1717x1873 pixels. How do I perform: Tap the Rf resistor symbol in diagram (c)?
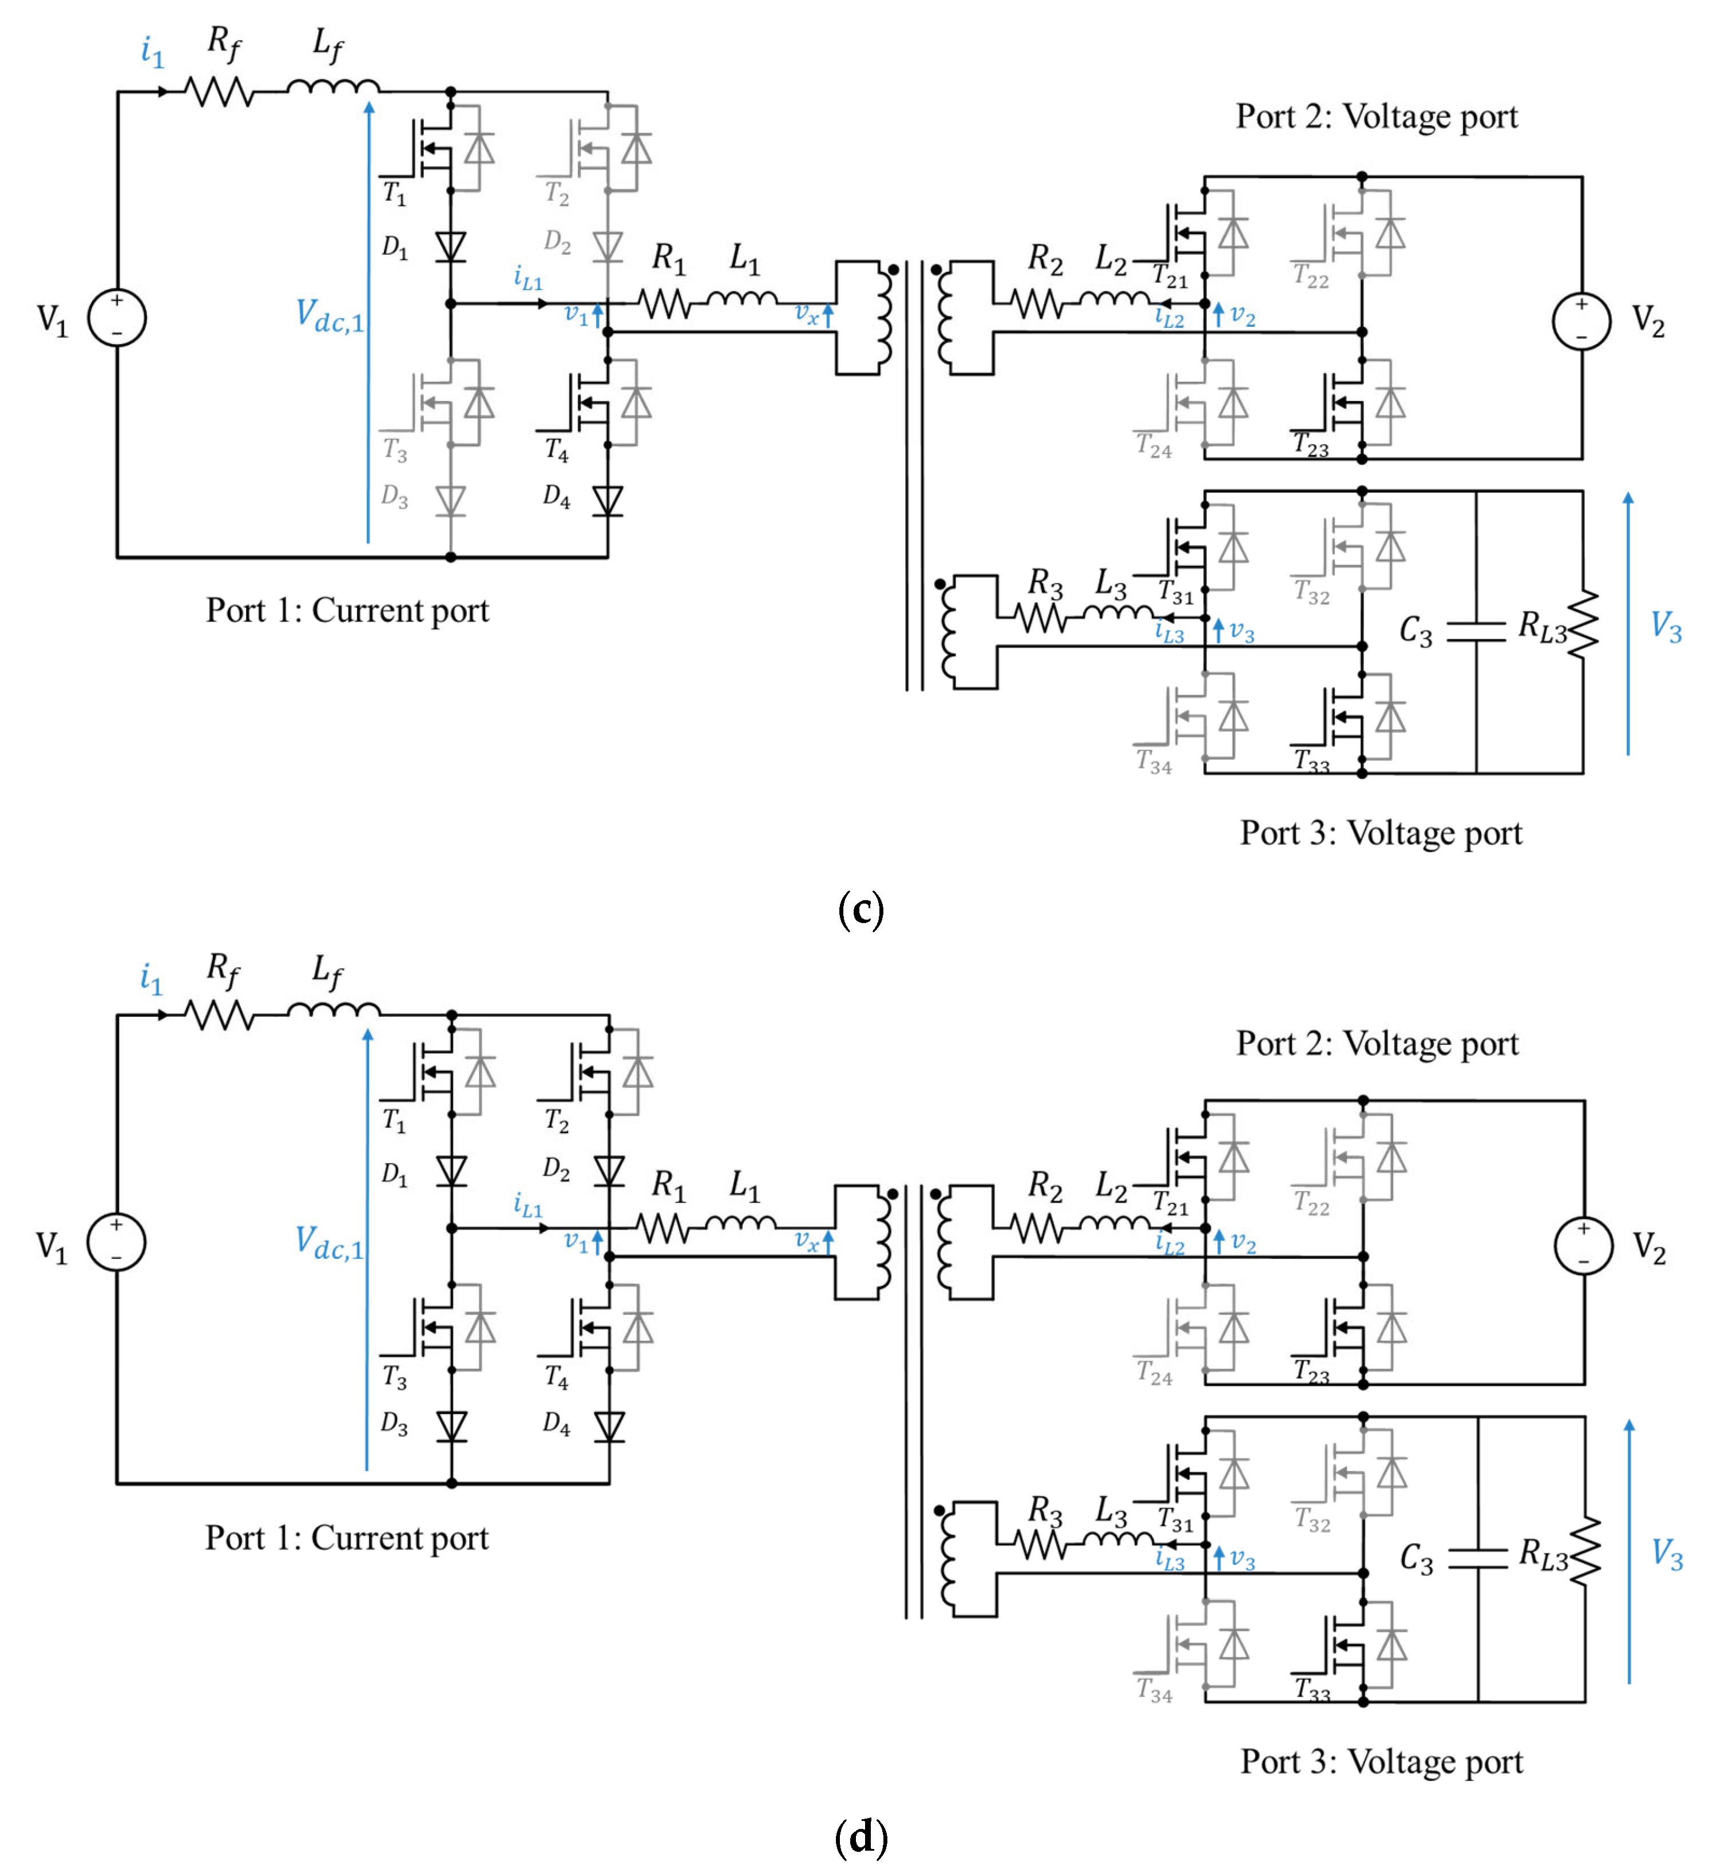[219, 92]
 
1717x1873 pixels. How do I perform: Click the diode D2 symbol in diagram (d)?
[609, 1171]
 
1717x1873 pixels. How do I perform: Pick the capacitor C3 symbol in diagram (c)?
[1476, 632]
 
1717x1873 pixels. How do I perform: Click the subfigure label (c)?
[861, 908]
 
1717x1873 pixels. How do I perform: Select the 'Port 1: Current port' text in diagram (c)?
[347, 611]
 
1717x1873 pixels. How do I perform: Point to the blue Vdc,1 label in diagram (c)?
[330, 317]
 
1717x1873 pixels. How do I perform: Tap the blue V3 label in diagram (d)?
[1667, 1553]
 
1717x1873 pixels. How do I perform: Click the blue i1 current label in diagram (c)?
[152, 51]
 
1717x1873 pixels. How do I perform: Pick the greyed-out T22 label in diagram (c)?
[1311, 276]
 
